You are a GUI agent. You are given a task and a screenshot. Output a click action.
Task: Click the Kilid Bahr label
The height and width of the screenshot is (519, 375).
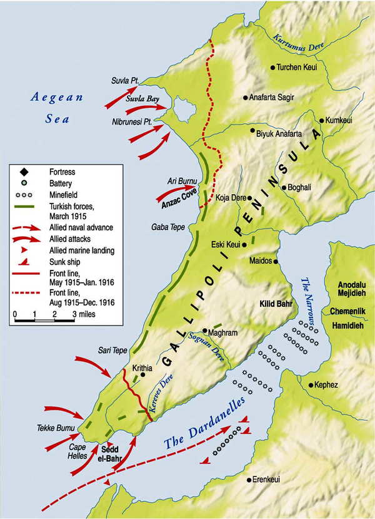click(277, 304)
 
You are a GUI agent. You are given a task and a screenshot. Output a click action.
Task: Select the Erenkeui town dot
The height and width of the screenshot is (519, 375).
click(248, 479)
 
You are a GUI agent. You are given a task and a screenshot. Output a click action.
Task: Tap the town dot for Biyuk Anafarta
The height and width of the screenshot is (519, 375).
click(252, 131)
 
